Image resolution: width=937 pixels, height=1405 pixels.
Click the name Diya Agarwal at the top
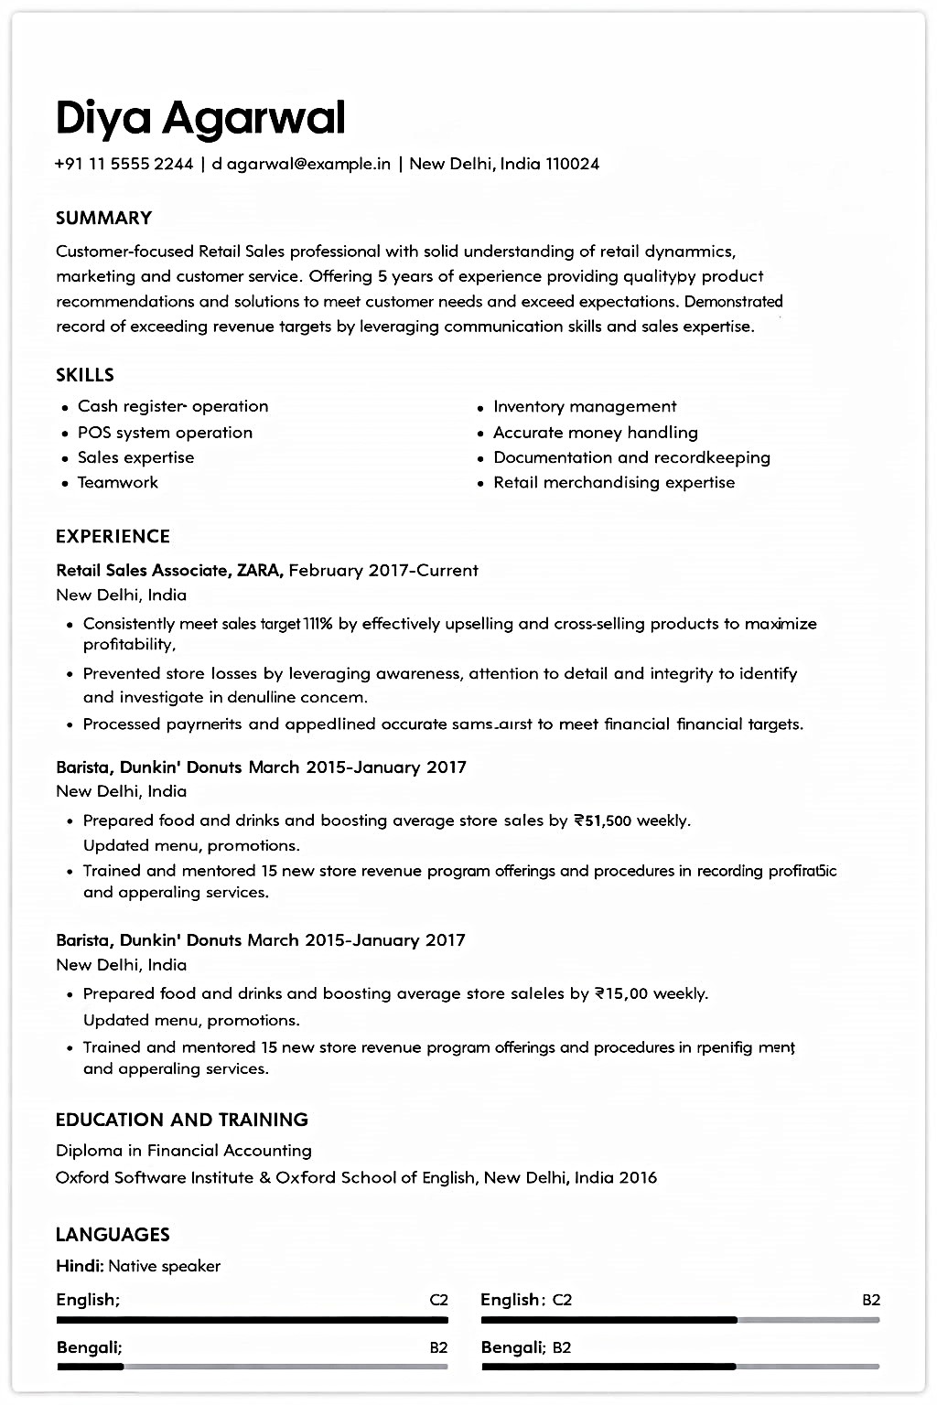tap(200, 118)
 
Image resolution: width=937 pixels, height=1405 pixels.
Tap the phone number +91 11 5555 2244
tap(124, 165)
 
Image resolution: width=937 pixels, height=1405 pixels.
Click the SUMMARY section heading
tap(103, 218)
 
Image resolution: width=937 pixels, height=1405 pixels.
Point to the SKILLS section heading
tap(85, 375)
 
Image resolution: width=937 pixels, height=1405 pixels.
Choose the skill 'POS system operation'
tap(165, 433)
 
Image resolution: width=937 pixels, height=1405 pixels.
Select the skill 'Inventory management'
tap(585, 407)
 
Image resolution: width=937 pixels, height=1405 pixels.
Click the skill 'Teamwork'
tap(117, 483)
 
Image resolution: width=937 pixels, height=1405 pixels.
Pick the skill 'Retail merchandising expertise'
tap(614, 483)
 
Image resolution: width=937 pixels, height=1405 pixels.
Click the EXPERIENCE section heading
tap(113, 537)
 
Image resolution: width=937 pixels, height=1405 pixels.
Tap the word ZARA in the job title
tap(260, 571)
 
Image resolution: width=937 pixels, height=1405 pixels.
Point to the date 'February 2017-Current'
tap(383, 571)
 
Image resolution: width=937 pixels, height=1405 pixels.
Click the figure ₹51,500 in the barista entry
tap(602, 821)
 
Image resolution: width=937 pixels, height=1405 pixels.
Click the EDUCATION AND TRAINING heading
tap(181, 1120)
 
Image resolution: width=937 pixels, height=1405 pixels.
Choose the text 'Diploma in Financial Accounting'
tap(183, 1151)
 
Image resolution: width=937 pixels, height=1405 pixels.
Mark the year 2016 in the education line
tap(638, 1178)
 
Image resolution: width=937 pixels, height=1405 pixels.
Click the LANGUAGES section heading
tap(113, 1235)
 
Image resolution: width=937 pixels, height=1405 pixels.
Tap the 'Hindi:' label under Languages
tap(80, 1267)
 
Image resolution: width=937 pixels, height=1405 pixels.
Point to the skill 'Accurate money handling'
tap(596, 433)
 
